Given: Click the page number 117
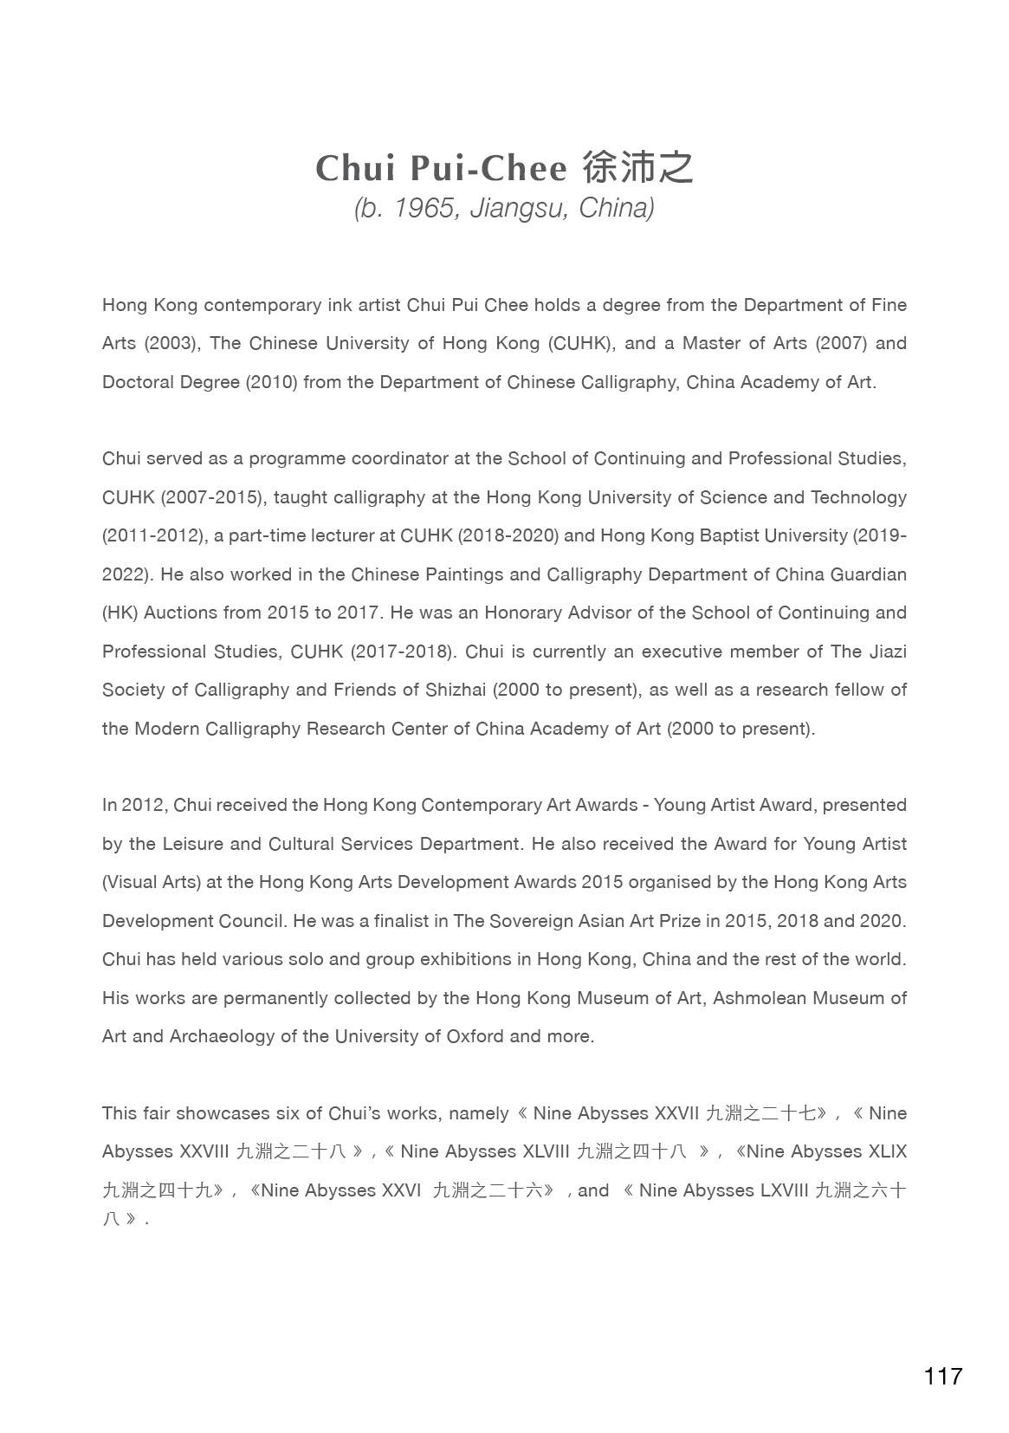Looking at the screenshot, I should pyautogui.click(x=942, y=1376).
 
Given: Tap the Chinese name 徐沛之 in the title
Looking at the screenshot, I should pyautogui.click(x=638, y=168).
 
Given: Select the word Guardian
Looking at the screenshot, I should pyautogui.click(x=862, y=574).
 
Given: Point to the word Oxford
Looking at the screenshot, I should pyautogui.click(x=475, y=1036).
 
